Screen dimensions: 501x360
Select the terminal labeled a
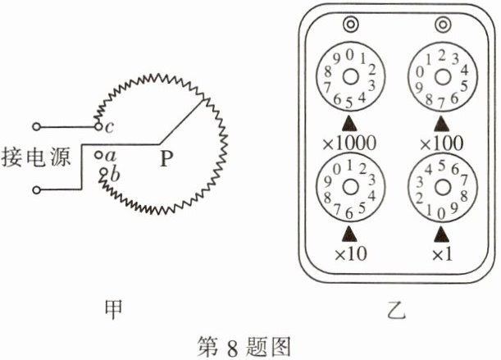[99, 154]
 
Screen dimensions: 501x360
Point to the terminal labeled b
[103, 172]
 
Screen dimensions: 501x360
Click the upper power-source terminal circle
[36, 127]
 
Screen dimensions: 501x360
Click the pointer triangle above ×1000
[349, 124]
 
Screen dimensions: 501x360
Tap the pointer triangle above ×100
[442, 124]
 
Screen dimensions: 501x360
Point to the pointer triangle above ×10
[349, 234]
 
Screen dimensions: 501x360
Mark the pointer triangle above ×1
[442, 234]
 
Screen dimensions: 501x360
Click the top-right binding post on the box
[443, 25]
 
